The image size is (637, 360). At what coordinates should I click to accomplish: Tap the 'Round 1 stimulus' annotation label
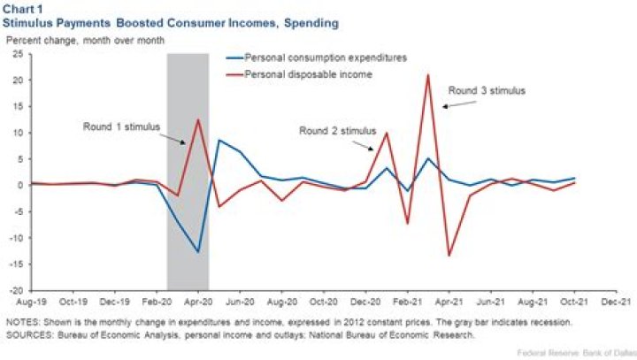pos(122,126)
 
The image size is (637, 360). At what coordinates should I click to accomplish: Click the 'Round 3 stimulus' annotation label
pos(486,90)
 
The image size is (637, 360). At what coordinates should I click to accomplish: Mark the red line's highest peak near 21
pos(428,75)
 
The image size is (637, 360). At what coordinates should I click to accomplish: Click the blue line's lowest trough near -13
pos(198,252)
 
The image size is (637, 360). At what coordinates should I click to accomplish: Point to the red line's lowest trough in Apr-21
pos(449,256)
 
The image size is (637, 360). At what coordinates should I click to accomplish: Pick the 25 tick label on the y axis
pos(18,54)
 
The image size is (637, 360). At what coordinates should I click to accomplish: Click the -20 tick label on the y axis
pos(15,290)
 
